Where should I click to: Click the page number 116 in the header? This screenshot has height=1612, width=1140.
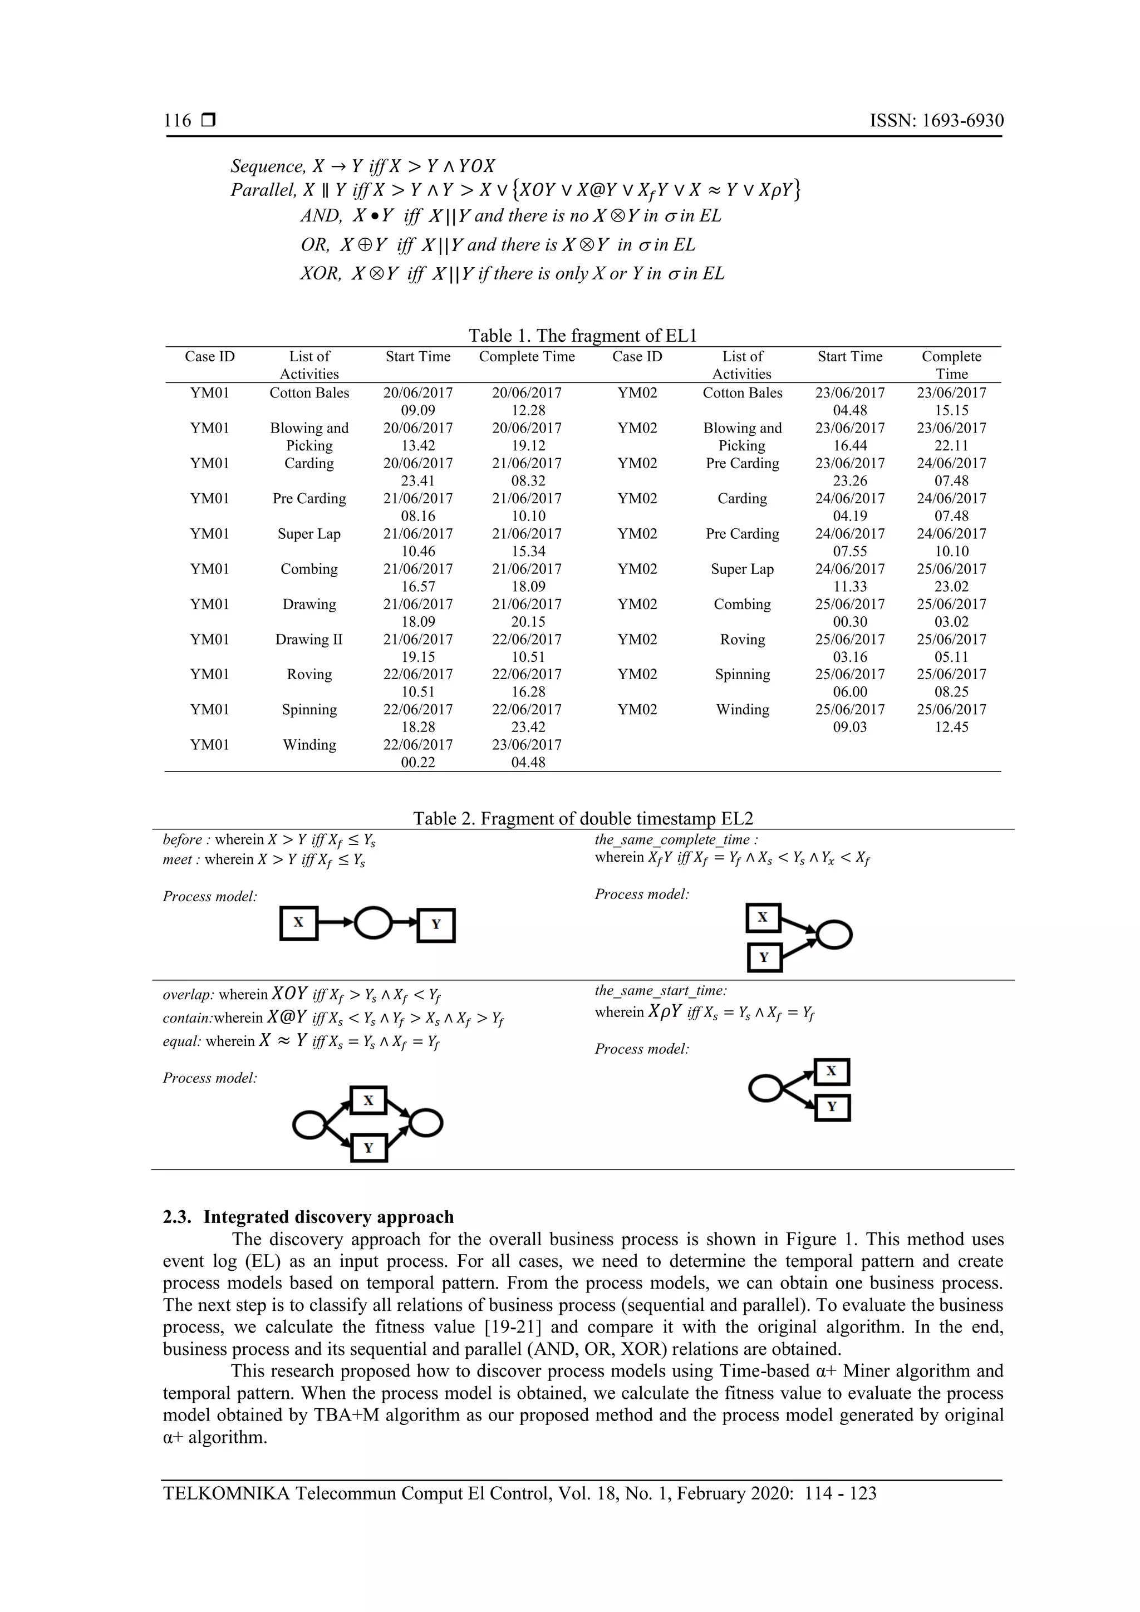[178, 121]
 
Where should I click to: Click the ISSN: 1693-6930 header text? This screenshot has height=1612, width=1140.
[936, 121]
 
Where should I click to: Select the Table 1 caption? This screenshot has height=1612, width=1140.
[583, 336]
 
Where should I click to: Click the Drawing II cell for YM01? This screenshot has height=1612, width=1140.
[309, 640]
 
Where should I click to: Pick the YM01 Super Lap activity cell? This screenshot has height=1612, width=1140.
[309, 534]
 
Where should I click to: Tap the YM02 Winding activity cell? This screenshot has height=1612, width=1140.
[742, 710]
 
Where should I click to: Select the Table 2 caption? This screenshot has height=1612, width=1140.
[583, 819]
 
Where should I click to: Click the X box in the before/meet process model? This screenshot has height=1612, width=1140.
[298, 923]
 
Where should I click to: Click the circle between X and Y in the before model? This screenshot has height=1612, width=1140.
[374, 923]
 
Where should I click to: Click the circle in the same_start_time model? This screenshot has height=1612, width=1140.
[765, 1089]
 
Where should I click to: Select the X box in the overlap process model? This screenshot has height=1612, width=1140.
[368, 1100]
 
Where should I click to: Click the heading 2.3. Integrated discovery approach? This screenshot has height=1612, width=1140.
[308, 1217]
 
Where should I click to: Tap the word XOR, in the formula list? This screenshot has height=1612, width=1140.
[321, 274]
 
